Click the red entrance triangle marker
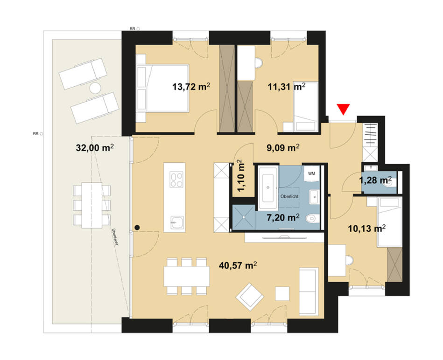[x=344, y=109]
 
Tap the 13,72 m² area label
[x=191, y=86]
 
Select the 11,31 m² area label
[x=287, y=86]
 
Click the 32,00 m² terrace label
[x=95, y=148]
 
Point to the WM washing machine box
[x=311, y=173]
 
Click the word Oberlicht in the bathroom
[x=289, y=196]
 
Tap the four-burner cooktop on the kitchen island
[x=176, y=180]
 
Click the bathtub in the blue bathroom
[x=268, y=186]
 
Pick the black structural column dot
[x=137, y=228]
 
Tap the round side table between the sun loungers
[x=95, y=87]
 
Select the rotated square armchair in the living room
[x=250, y=296]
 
